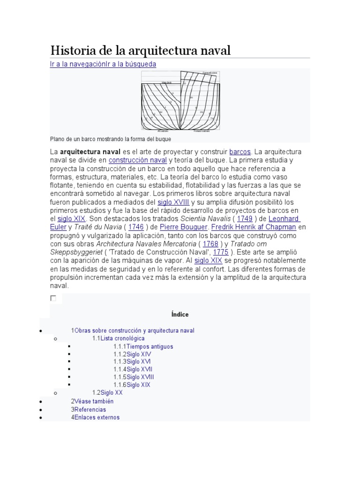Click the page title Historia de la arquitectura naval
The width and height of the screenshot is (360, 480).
click(x=141, y=50)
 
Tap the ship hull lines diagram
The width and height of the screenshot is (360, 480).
click(x=180, y=101)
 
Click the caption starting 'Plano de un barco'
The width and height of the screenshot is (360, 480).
click(x=110, y=139)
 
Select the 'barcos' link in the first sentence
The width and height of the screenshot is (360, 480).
click(x=240, y=152)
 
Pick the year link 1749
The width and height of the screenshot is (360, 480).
click(x=244, y=219)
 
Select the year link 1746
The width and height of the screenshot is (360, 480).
click(x=136, y=227)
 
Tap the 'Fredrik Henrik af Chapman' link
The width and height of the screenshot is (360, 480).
click(x=254, y=227)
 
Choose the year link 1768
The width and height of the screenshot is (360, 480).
click(x=211, y=244)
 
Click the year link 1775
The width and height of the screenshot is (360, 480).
click(x=221, y=252)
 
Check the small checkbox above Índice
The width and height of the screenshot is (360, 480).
click(x=53, y=298)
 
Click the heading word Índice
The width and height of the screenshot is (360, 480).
click(x=180, y=314)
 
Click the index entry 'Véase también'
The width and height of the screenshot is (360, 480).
click(x=94, y=401)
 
